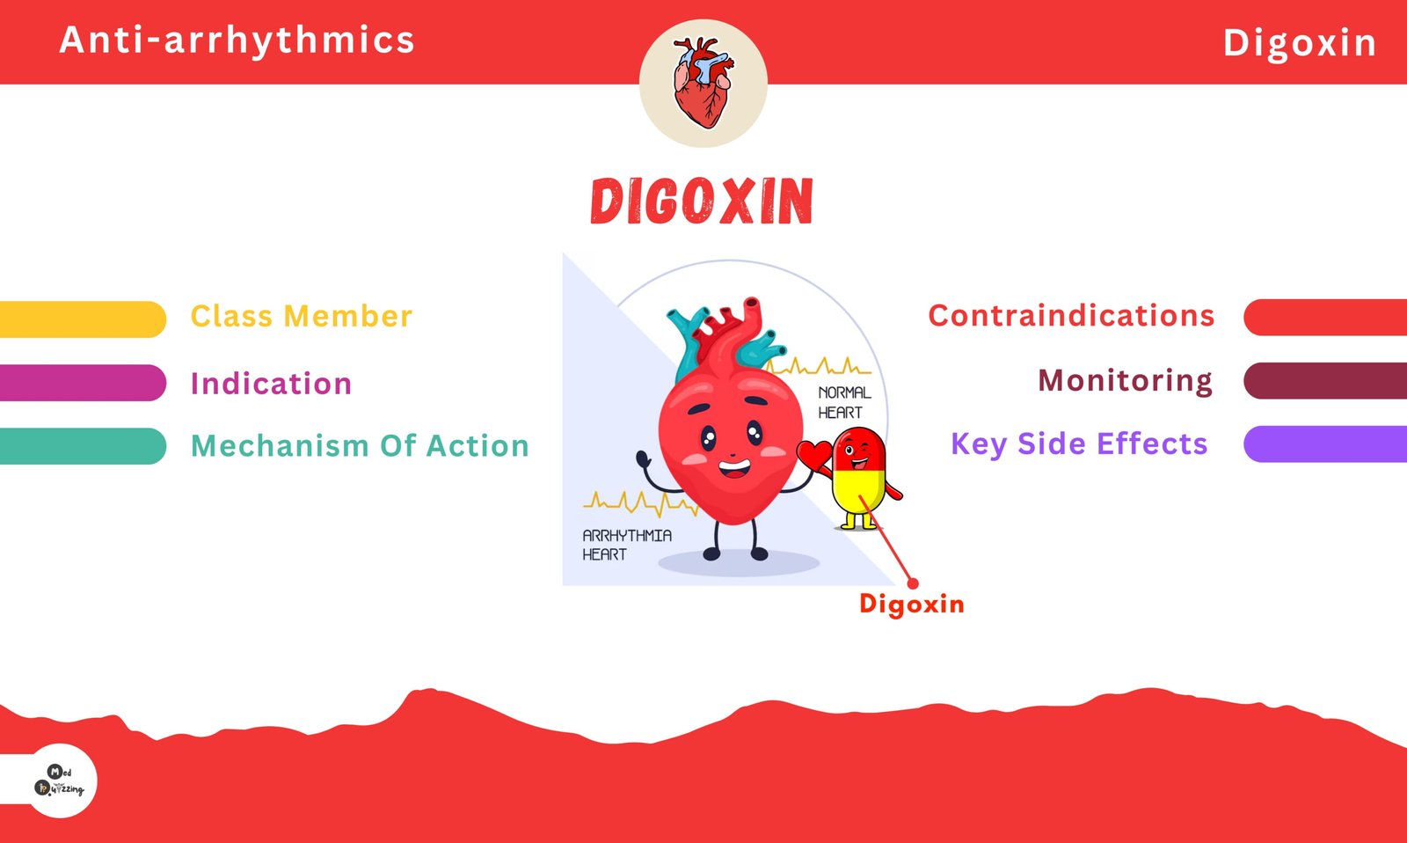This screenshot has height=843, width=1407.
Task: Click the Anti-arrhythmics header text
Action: click(237, 40)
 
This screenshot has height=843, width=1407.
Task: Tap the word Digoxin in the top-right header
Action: click(1300, 44)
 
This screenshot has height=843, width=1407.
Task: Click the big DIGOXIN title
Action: click(703, 202)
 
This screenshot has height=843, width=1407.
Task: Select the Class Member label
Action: click(302, 316)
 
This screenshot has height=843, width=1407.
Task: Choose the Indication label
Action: click(271, 383)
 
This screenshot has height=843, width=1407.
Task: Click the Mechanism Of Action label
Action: click(360, 446)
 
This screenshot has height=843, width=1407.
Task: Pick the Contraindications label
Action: click(1071, 315)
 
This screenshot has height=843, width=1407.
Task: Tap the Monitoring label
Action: click(1125, 381)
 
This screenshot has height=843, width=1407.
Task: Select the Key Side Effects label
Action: click(1079, 444)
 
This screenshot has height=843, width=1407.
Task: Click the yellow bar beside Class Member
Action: click(83, 319)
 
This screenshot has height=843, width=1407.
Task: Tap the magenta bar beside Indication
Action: click(83, 383)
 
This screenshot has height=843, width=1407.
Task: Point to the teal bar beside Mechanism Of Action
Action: click(83, 446)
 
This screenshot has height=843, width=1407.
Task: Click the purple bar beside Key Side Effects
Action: click(1325, 444)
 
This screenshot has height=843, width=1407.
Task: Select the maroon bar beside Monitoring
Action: click(1325, 381)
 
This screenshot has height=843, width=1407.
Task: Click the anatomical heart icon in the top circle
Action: click(703, 83)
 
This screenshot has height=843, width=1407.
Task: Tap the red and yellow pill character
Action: click(859, 478)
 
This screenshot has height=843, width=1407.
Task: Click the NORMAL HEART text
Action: click(844, 402)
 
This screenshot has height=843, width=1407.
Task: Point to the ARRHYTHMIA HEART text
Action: click(627, 545)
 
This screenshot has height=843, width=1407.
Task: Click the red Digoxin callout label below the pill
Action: click(911, 605)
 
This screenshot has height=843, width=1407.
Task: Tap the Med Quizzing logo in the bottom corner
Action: click(60, 781)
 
